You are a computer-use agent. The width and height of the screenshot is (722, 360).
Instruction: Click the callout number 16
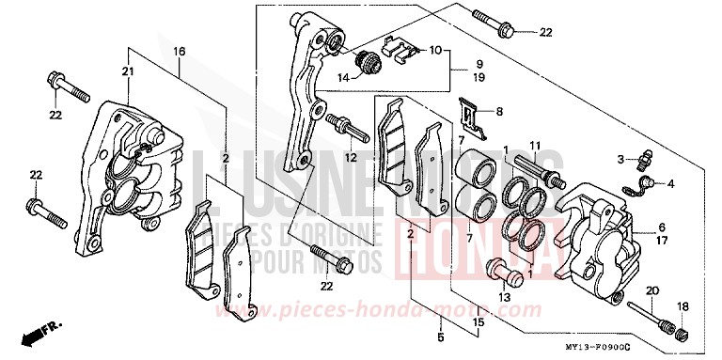[x=180, y=51]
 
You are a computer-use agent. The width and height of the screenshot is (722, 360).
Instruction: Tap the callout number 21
[x=127, y=71]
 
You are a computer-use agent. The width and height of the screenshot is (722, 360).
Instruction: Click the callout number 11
[x=532, y=144]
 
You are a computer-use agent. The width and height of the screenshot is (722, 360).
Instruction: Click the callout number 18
[x=682, y=307]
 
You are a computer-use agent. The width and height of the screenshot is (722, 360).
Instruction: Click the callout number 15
[x=477, y=323]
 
